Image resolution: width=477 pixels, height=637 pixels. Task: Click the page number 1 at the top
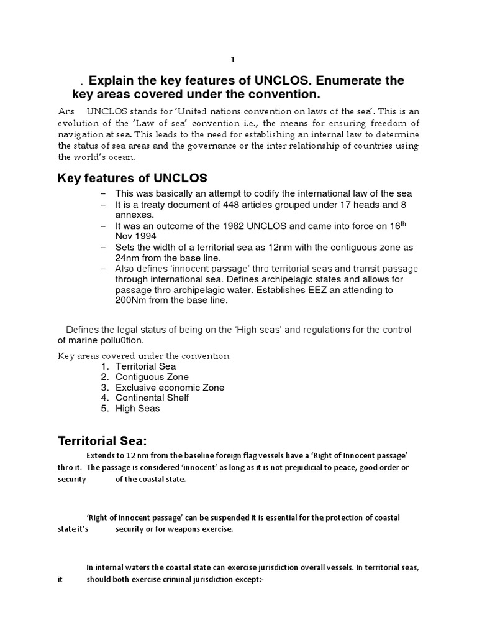click(x=233, y=60)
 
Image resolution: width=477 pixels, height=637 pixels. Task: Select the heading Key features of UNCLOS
click(x=132, y=178)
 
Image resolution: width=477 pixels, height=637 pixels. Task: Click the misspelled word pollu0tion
click(x=122, y=340)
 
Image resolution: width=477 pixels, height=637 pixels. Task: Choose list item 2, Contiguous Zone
click(x=152, y=377)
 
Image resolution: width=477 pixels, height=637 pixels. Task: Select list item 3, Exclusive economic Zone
click(x=170, y=388)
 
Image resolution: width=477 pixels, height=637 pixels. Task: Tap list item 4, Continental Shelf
click(x=152, y=398)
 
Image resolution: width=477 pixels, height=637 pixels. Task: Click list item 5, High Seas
click(x=137, y=408)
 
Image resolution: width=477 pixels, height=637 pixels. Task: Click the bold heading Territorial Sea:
click(x=102, y=442)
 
